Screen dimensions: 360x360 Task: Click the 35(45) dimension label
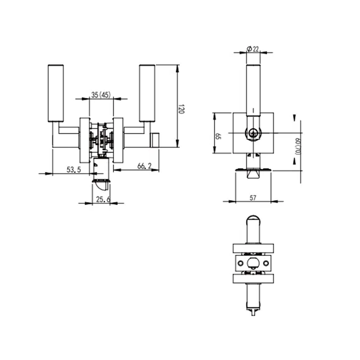[101, 95]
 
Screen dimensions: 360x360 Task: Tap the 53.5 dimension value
[73, 170]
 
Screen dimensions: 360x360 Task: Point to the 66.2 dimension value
[144, 166]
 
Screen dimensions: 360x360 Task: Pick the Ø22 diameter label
[253, 49]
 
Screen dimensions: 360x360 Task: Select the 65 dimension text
[218, 136]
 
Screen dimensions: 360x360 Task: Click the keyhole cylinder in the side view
[253, 133]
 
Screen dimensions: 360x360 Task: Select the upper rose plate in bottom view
[253, 248]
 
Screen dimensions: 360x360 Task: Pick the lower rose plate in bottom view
[253, 279]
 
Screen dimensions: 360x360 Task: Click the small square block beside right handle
[155, 140]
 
